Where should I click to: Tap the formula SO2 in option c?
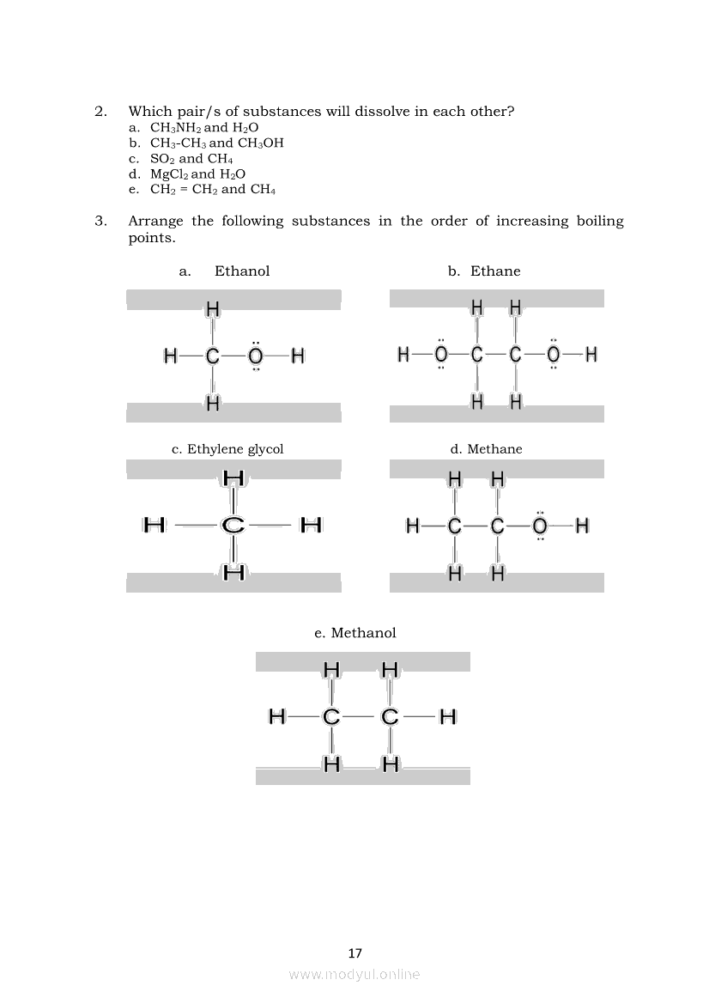click(x=162, y=159)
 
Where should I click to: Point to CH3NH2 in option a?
click(x=175, y=128)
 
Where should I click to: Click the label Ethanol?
click(x=242, y=271)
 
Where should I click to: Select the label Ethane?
click(x=495, y=271)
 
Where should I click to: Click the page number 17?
click(x=355, y=953)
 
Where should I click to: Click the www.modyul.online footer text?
click(x=354, y=974)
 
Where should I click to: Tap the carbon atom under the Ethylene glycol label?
click(x=233, y=525)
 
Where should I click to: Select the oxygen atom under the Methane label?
click(x=540, y=526)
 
